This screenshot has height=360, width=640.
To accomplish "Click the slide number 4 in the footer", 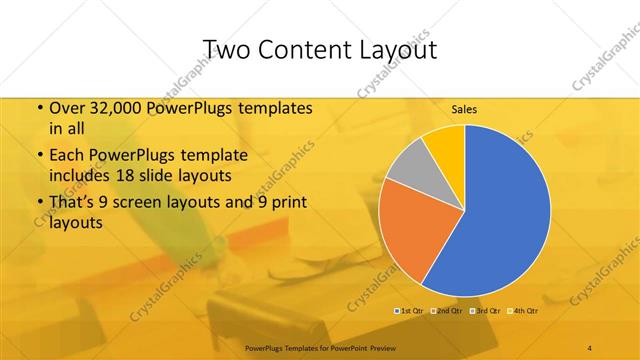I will click(x=589, y=346).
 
